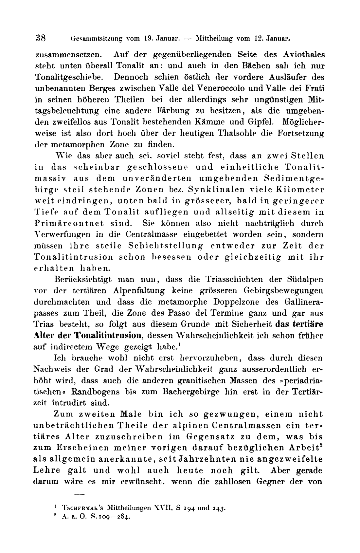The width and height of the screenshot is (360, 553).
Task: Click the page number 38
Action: coord(40,38)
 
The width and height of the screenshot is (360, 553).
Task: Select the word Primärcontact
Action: coord(69,223)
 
